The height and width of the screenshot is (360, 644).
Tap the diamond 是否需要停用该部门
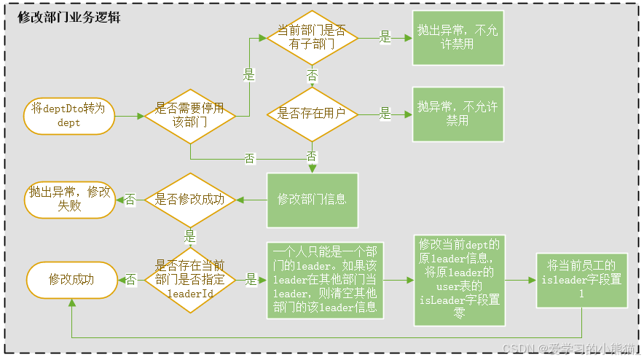pos(190,116)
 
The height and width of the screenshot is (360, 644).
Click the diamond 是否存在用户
pos(312,114)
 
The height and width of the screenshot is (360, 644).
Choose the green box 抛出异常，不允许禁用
pos(458,37)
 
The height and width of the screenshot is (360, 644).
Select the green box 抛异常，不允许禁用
pos(458,114)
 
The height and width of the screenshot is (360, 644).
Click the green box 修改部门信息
pos(312,199)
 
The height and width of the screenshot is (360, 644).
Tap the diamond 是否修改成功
pos(190,199)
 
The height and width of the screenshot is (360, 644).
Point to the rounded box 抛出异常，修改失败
pos(70,199)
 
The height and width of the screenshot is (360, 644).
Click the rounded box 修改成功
pos(71,280)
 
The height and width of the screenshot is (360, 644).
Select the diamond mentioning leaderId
pos(190,280)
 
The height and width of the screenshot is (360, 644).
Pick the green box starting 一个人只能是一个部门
pos(324,280)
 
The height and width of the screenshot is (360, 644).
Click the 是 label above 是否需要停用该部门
pos(248,74)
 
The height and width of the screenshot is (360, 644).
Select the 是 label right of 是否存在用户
pos(385,114)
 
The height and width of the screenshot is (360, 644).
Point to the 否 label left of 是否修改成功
pos(130,199)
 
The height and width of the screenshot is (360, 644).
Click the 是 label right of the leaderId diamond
pos(251,280)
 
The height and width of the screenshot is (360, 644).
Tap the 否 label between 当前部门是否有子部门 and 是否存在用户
pos(312,76)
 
